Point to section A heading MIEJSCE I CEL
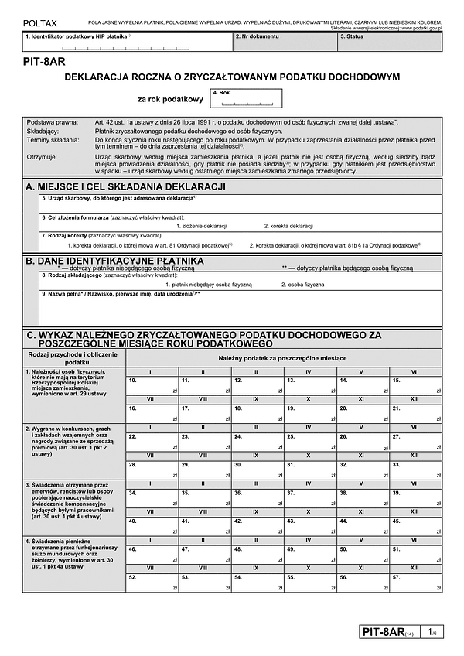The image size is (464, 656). pyautogui.click(x=125, y=187)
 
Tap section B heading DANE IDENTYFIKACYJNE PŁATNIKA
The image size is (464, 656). pyautogui.click(x=114, y=261)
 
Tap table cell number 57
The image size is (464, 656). pyautogui.click(x=415, y=582)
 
